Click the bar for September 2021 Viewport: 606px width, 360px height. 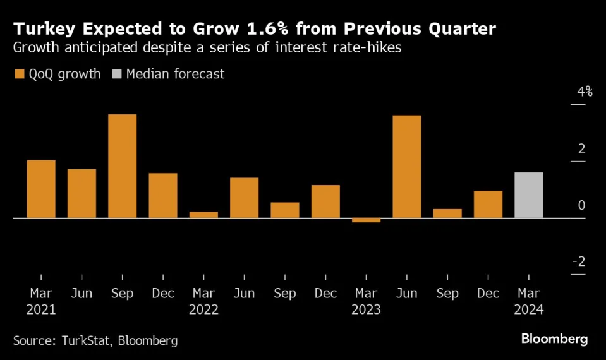pyautogui.click(x=122, y=166)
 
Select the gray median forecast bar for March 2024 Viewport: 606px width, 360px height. pyautogui.click(x=528, y=195)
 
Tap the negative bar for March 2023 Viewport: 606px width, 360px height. pyautogui.click(x=366, y=220)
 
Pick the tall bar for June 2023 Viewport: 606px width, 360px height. pyautogui.click(x=406, y=167)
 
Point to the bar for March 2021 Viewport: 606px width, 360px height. pyautogui.click(x=41, y=189)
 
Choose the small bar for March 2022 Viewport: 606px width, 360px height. pyautogui.click(x=203, y=215)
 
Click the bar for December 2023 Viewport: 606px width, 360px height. pyautogui.click(x=488, y=204)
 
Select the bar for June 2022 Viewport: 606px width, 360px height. pyautogui.click(x=244, y=198)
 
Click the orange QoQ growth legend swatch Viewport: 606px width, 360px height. pyautogui.click(x=18, y=75)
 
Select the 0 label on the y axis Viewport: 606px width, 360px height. pyautogui.click(x=581, y=205)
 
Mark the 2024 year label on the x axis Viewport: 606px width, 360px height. pyautogui.click(x=528, y=309)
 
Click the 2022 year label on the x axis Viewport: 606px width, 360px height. pyautogui.click(x=203, y=309)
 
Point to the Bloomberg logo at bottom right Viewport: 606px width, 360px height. pyautogui.click(x=554, y=340)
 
